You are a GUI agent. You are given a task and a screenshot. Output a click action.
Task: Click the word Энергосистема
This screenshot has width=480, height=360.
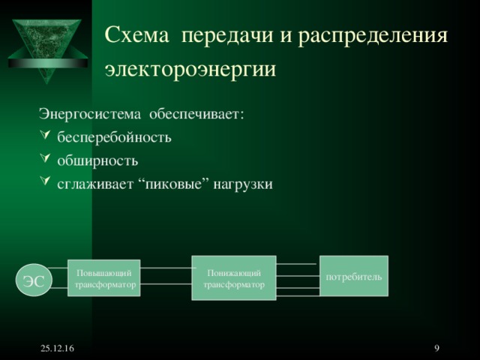pyautogui.click(x=89, y=115)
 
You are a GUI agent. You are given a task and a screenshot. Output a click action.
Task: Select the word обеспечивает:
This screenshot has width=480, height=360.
pyautogui.click(x=196, y=115)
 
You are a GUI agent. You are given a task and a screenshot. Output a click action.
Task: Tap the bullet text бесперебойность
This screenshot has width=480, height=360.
pyautogui.click(x=114, y=138)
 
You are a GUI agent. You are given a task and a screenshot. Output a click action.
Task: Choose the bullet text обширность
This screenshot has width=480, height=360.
pyautogui.click(x=97, y=160)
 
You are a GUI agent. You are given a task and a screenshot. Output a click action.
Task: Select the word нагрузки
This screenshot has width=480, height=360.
pyautogui.click(x=242, y=184)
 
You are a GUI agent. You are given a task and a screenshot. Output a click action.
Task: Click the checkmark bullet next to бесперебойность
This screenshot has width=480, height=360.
pyautogui.click(x=45, y=138)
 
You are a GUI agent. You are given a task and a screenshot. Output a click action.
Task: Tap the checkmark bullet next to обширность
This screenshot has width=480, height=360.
pyautogui.click(x=45, y=160)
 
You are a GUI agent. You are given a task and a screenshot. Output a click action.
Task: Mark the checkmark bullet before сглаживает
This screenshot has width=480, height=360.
pyautogui.click(x=45, y=184)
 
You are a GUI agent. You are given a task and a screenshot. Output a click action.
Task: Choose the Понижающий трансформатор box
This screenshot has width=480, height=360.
pyautogui.click(x=234, y=278)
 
